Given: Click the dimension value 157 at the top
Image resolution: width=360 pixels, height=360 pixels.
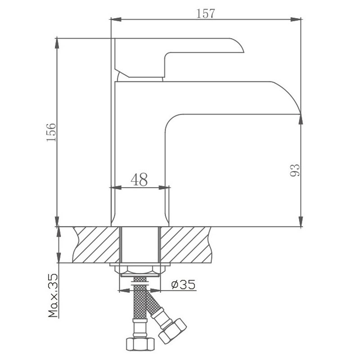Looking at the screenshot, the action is pos(206,13).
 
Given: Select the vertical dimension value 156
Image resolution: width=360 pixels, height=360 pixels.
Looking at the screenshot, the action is pos(51,132).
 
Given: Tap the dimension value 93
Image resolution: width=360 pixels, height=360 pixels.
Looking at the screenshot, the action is pos(295,170).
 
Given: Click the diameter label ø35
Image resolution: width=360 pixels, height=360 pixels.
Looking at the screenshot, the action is pos(183,284).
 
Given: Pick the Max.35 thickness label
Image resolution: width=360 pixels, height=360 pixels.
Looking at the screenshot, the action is pos(53,296).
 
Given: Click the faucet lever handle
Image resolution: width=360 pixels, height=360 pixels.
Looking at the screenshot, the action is pos(179,58).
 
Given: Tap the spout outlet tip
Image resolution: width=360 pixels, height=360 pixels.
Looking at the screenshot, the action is pos(300,114).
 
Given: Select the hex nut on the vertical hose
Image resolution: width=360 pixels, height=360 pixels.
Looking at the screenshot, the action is pos(140,343).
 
